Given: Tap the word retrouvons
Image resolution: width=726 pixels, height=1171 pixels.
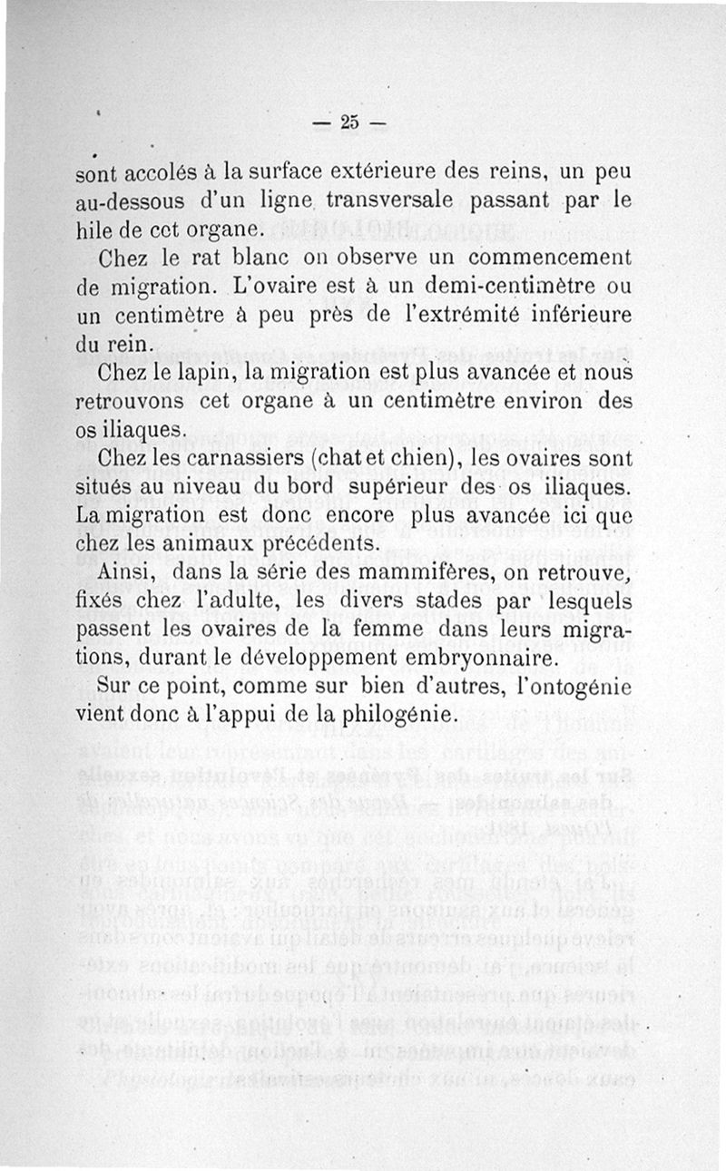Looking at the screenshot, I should click(135, 400).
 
